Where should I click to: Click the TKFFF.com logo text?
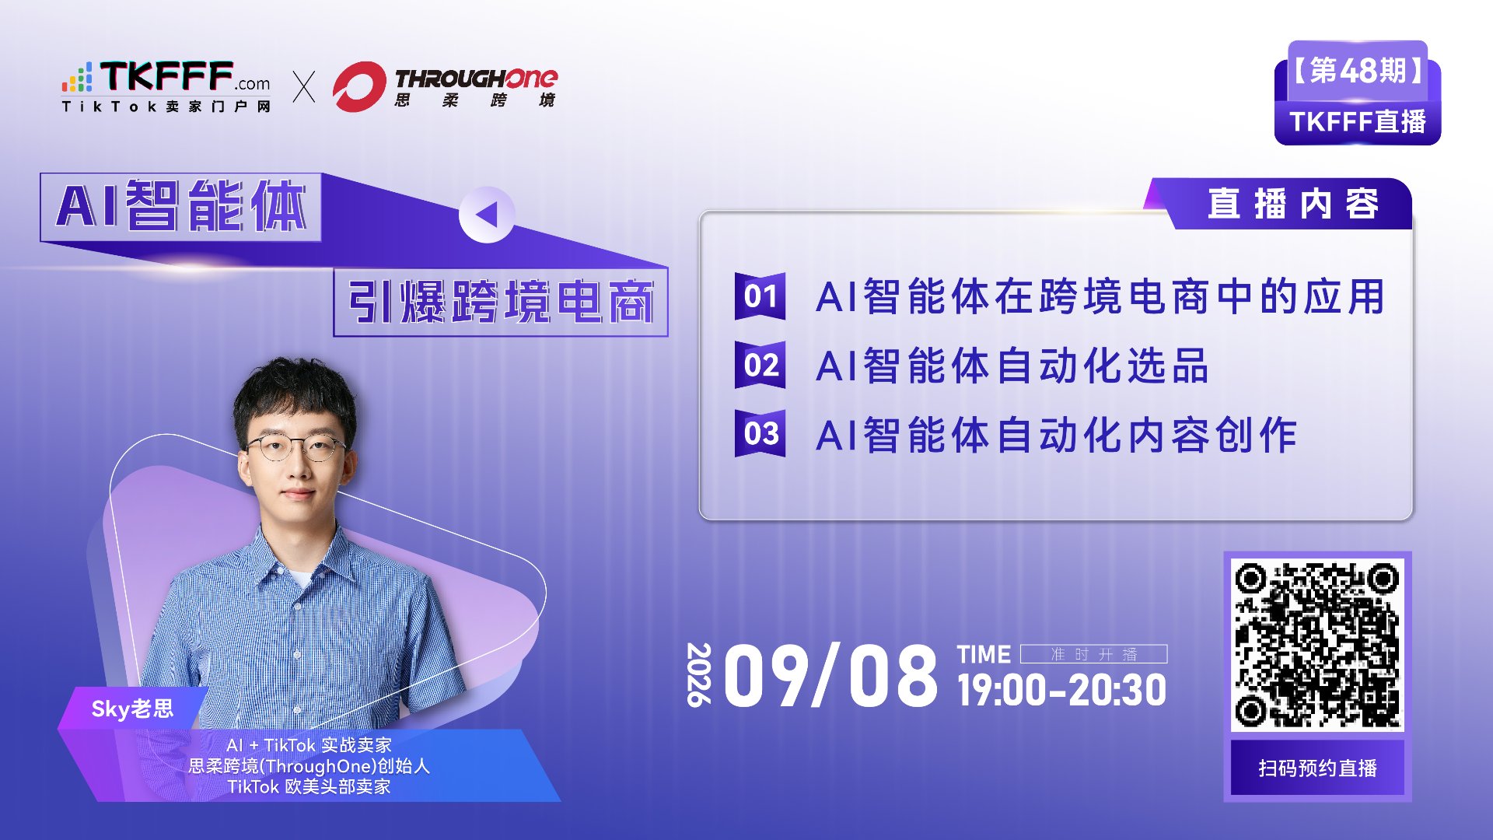[166, 77]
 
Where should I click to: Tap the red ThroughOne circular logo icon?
[359, 86]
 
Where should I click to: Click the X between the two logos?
[304, 86]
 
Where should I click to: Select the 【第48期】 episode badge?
[1358, 71]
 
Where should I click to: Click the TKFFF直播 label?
[1358, 122]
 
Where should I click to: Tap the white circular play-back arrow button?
[487, 215]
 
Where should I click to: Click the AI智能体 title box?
[180, 207]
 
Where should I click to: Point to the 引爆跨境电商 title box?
[501, 302]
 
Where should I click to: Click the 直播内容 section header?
[1292, 204]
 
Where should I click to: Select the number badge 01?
[760, 296]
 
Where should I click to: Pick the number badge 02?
[760, 365]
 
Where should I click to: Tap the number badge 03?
[760, 433]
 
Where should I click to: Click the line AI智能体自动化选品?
[1012, 366]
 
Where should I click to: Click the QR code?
[1317, 645]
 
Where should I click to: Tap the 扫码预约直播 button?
[1317, 768]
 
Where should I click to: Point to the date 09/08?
[831, 676]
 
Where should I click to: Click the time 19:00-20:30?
[1061, 690]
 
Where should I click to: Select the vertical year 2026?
[699, 674]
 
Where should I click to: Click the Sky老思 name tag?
[133, 709]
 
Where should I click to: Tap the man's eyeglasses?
[295, 448]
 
